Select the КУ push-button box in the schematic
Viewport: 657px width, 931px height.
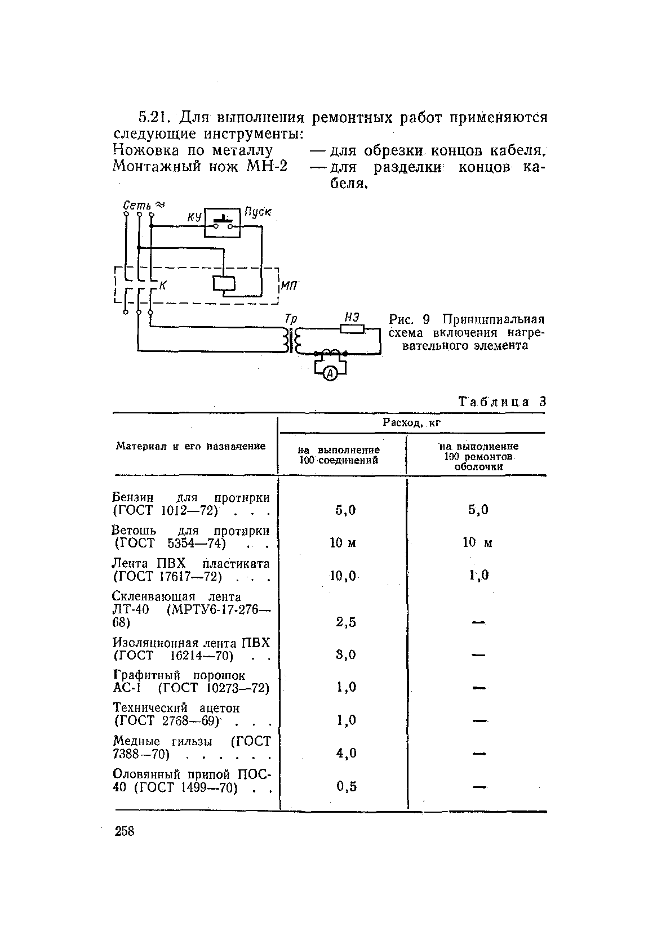click(222, 221)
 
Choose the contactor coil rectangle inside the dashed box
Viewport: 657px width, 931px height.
click(224, 284)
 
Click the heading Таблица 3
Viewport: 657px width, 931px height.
click(502, 402)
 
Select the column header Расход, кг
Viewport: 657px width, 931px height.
click(411, 423)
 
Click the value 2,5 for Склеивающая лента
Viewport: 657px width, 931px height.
click(345, 622)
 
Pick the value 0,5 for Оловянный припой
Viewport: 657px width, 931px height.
click(346, 786)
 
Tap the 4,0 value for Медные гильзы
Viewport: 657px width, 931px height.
click(345, 753)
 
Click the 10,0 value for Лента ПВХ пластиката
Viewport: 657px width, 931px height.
click(343, 575)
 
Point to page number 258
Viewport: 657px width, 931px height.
click(125, 831)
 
